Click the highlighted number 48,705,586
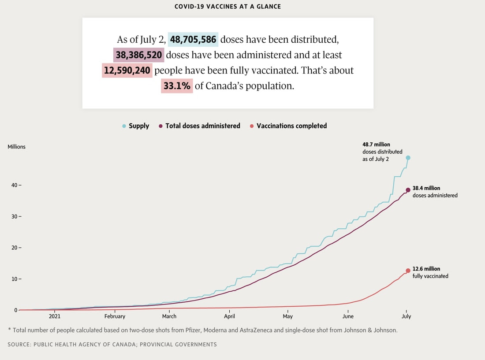(193, 40)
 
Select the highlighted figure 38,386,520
(139, 55)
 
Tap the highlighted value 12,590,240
(127, 71)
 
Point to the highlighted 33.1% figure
(177, 86)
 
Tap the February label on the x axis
(115, 316)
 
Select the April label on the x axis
(229, 316)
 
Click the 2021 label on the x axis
(55, 316)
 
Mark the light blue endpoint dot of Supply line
(408, 158)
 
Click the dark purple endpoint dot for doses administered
(408, 190)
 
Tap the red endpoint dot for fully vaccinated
(408, 271)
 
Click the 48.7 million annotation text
(376, 145)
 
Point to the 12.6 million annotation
(426, 269)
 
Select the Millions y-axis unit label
(17, 147)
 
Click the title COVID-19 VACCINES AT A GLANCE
(228, 7)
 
